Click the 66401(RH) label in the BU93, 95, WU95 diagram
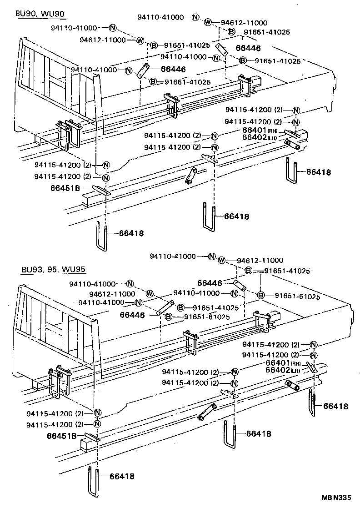283,362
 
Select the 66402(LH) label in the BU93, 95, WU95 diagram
283,370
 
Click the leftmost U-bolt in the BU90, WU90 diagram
102,236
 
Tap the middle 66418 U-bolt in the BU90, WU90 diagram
209,217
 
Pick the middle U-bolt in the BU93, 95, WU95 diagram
230,435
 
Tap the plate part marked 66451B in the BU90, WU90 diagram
101,190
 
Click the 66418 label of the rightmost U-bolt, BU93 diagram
336,406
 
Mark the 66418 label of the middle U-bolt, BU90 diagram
236,217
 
